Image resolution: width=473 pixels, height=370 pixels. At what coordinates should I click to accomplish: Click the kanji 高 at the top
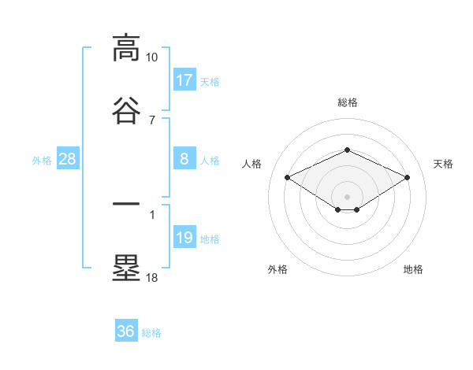point(126,49)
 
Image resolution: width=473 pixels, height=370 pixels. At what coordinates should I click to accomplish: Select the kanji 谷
point(126,111)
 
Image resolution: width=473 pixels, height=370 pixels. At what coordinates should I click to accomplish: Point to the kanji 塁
point(126,268)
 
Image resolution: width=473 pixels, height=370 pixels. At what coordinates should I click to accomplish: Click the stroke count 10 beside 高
point(151,57)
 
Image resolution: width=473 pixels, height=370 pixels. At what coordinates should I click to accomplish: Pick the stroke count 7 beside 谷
point(151,120)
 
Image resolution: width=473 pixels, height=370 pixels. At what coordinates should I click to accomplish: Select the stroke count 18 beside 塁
point(151,277)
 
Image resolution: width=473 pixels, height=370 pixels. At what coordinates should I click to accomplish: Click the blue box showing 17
point(184,80)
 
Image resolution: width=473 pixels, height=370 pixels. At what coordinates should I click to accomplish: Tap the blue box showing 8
point(184,159)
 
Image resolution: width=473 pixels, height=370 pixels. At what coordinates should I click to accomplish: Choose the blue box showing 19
point(184,238)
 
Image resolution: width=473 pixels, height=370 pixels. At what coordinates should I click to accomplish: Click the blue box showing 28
point(68,159)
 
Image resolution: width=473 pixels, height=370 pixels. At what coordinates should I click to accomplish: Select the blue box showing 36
point(126,331)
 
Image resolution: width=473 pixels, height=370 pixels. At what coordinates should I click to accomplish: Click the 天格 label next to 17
point(210,81)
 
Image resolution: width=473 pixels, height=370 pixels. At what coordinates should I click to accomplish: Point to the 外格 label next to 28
point(42,161)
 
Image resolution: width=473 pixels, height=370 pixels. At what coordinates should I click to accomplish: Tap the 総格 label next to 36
point(151,333)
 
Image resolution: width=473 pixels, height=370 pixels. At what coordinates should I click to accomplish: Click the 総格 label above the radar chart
point(347,102)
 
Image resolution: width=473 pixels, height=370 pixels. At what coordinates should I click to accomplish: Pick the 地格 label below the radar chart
point(413,270)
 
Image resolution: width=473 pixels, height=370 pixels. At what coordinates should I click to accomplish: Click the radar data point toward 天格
point(408,177)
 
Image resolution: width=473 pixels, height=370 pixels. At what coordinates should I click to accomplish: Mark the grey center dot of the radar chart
point(347,196)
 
